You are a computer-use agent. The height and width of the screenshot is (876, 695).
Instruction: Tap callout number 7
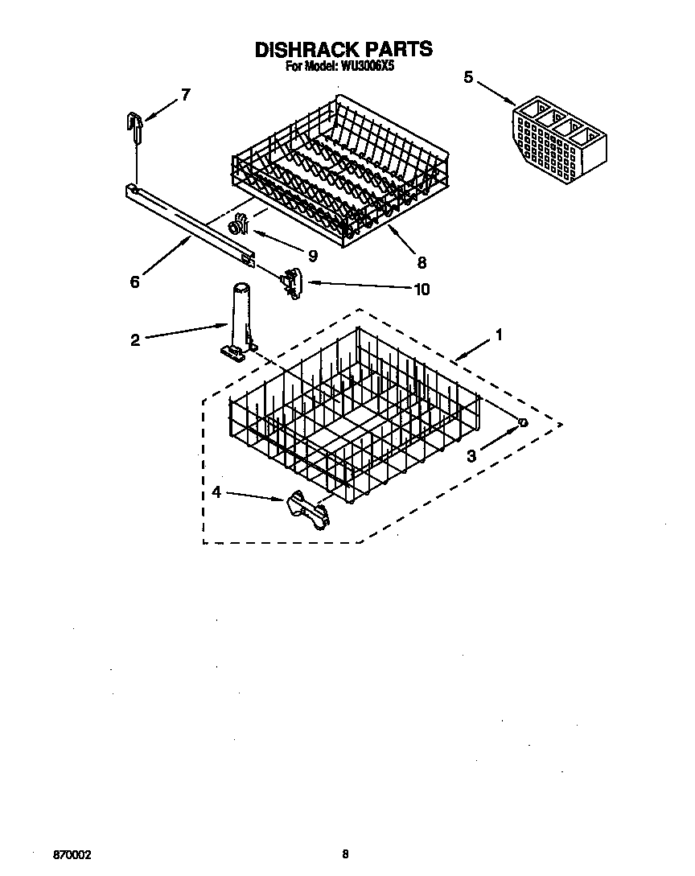(x=186, y=95)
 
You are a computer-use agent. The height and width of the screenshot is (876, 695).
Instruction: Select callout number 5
(x=469, y=77)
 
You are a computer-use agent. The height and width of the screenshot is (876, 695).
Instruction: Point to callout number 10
(x=421, y=289)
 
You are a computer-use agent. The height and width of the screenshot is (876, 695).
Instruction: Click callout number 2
(x=135, y=339)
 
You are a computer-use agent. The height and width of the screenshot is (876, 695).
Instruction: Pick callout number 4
(x=216, y=491)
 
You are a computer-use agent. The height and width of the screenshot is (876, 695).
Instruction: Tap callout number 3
(x=472, y=455)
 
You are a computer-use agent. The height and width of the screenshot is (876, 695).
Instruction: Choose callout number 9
(x=312, y=257)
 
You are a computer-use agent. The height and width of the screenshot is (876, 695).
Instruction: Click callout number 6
(x=134, y=282)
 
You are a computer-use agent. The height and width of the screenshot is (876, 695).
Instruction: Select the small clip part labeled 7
(x=134, y=122)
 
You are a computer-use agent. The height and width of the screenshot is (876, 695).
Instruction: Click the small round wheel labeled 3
(x=522, y=423)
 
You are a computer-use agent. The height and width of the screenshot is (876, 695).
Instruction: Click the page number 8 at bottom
(x=345, y=854)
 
